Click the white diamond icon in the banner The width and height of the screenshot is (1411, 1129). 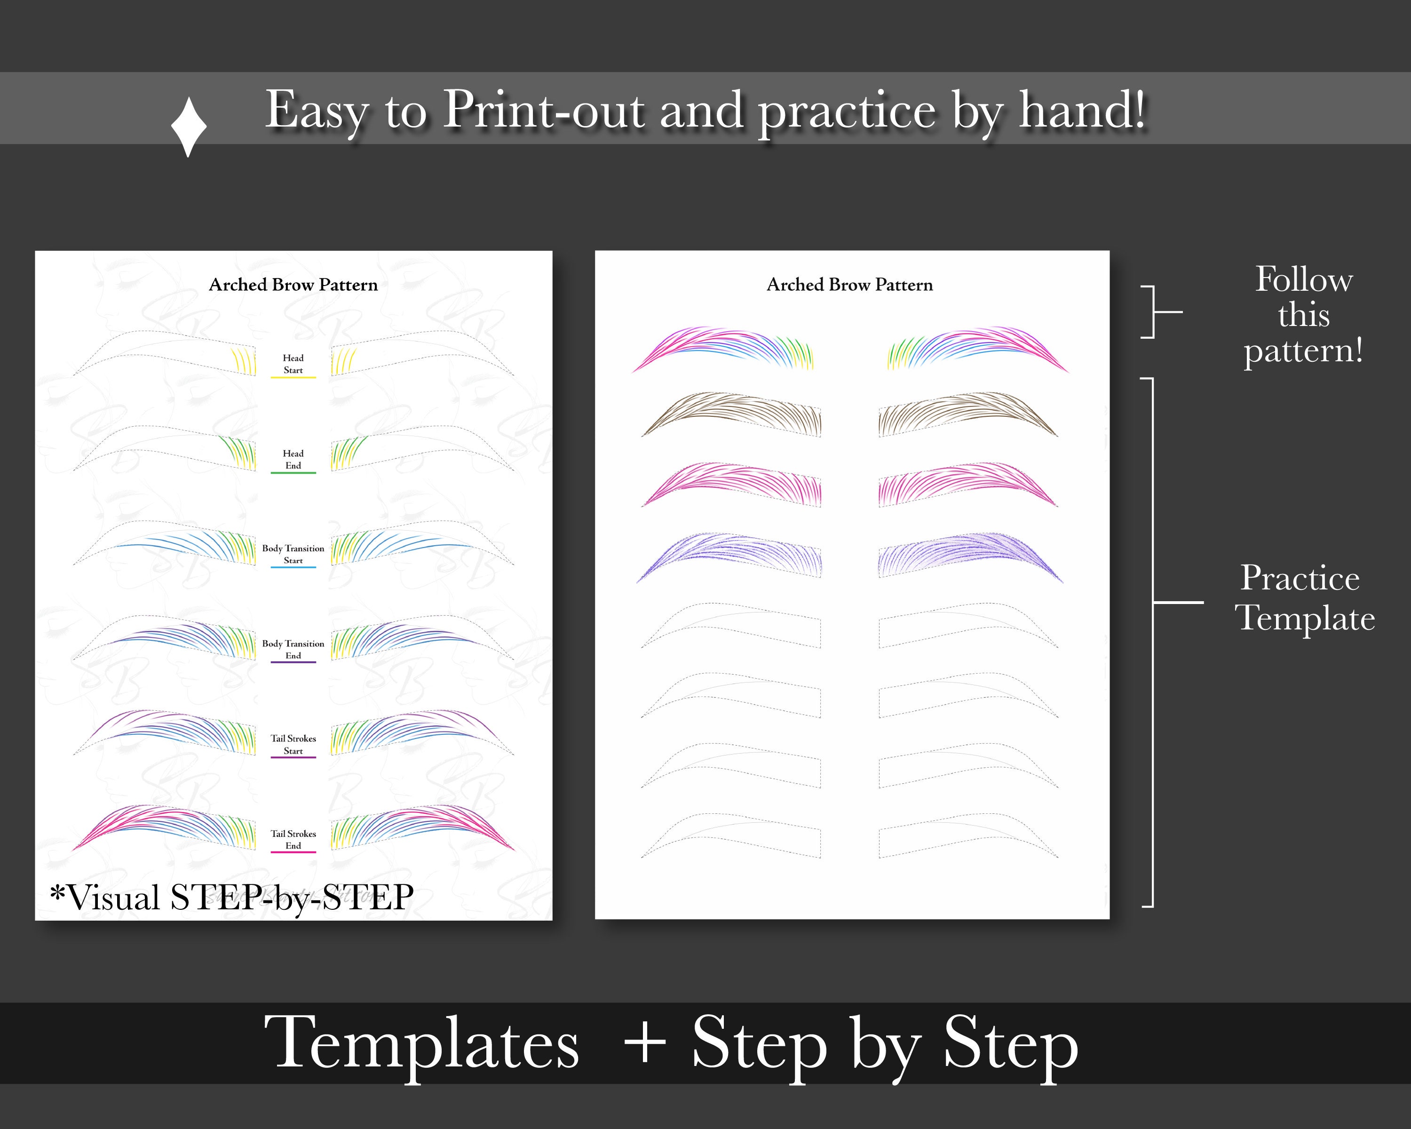189,127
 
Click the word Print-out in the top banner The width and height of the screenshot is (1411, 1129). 545,110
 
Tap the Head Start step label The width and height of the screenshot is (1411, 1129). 293,364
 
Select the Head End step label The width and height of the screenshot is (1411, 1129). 293,460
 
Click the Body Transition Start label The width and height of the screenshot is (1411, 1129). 293,554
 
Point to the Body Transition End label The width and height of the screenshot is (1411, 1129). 293,649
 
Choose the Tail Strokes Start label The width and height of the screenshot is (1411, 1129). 293,744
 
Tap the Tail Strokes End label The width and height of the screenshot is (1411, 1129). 293,840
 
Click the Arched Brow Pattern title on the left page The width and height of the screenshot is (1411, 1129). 293,285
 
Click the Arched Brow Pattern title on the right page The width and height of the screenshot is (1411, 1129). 849,285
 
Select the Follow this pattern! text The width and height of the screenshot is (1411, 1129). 1303,315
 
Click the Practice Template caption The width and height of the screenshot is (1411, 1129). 1303,597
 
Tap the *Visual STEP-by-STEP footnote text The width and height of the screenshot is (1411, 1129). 232,897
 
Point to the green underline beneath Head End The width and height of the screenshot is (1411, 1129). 293,473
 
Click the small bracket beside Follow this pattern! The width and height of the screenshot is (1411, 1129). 1155,311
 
